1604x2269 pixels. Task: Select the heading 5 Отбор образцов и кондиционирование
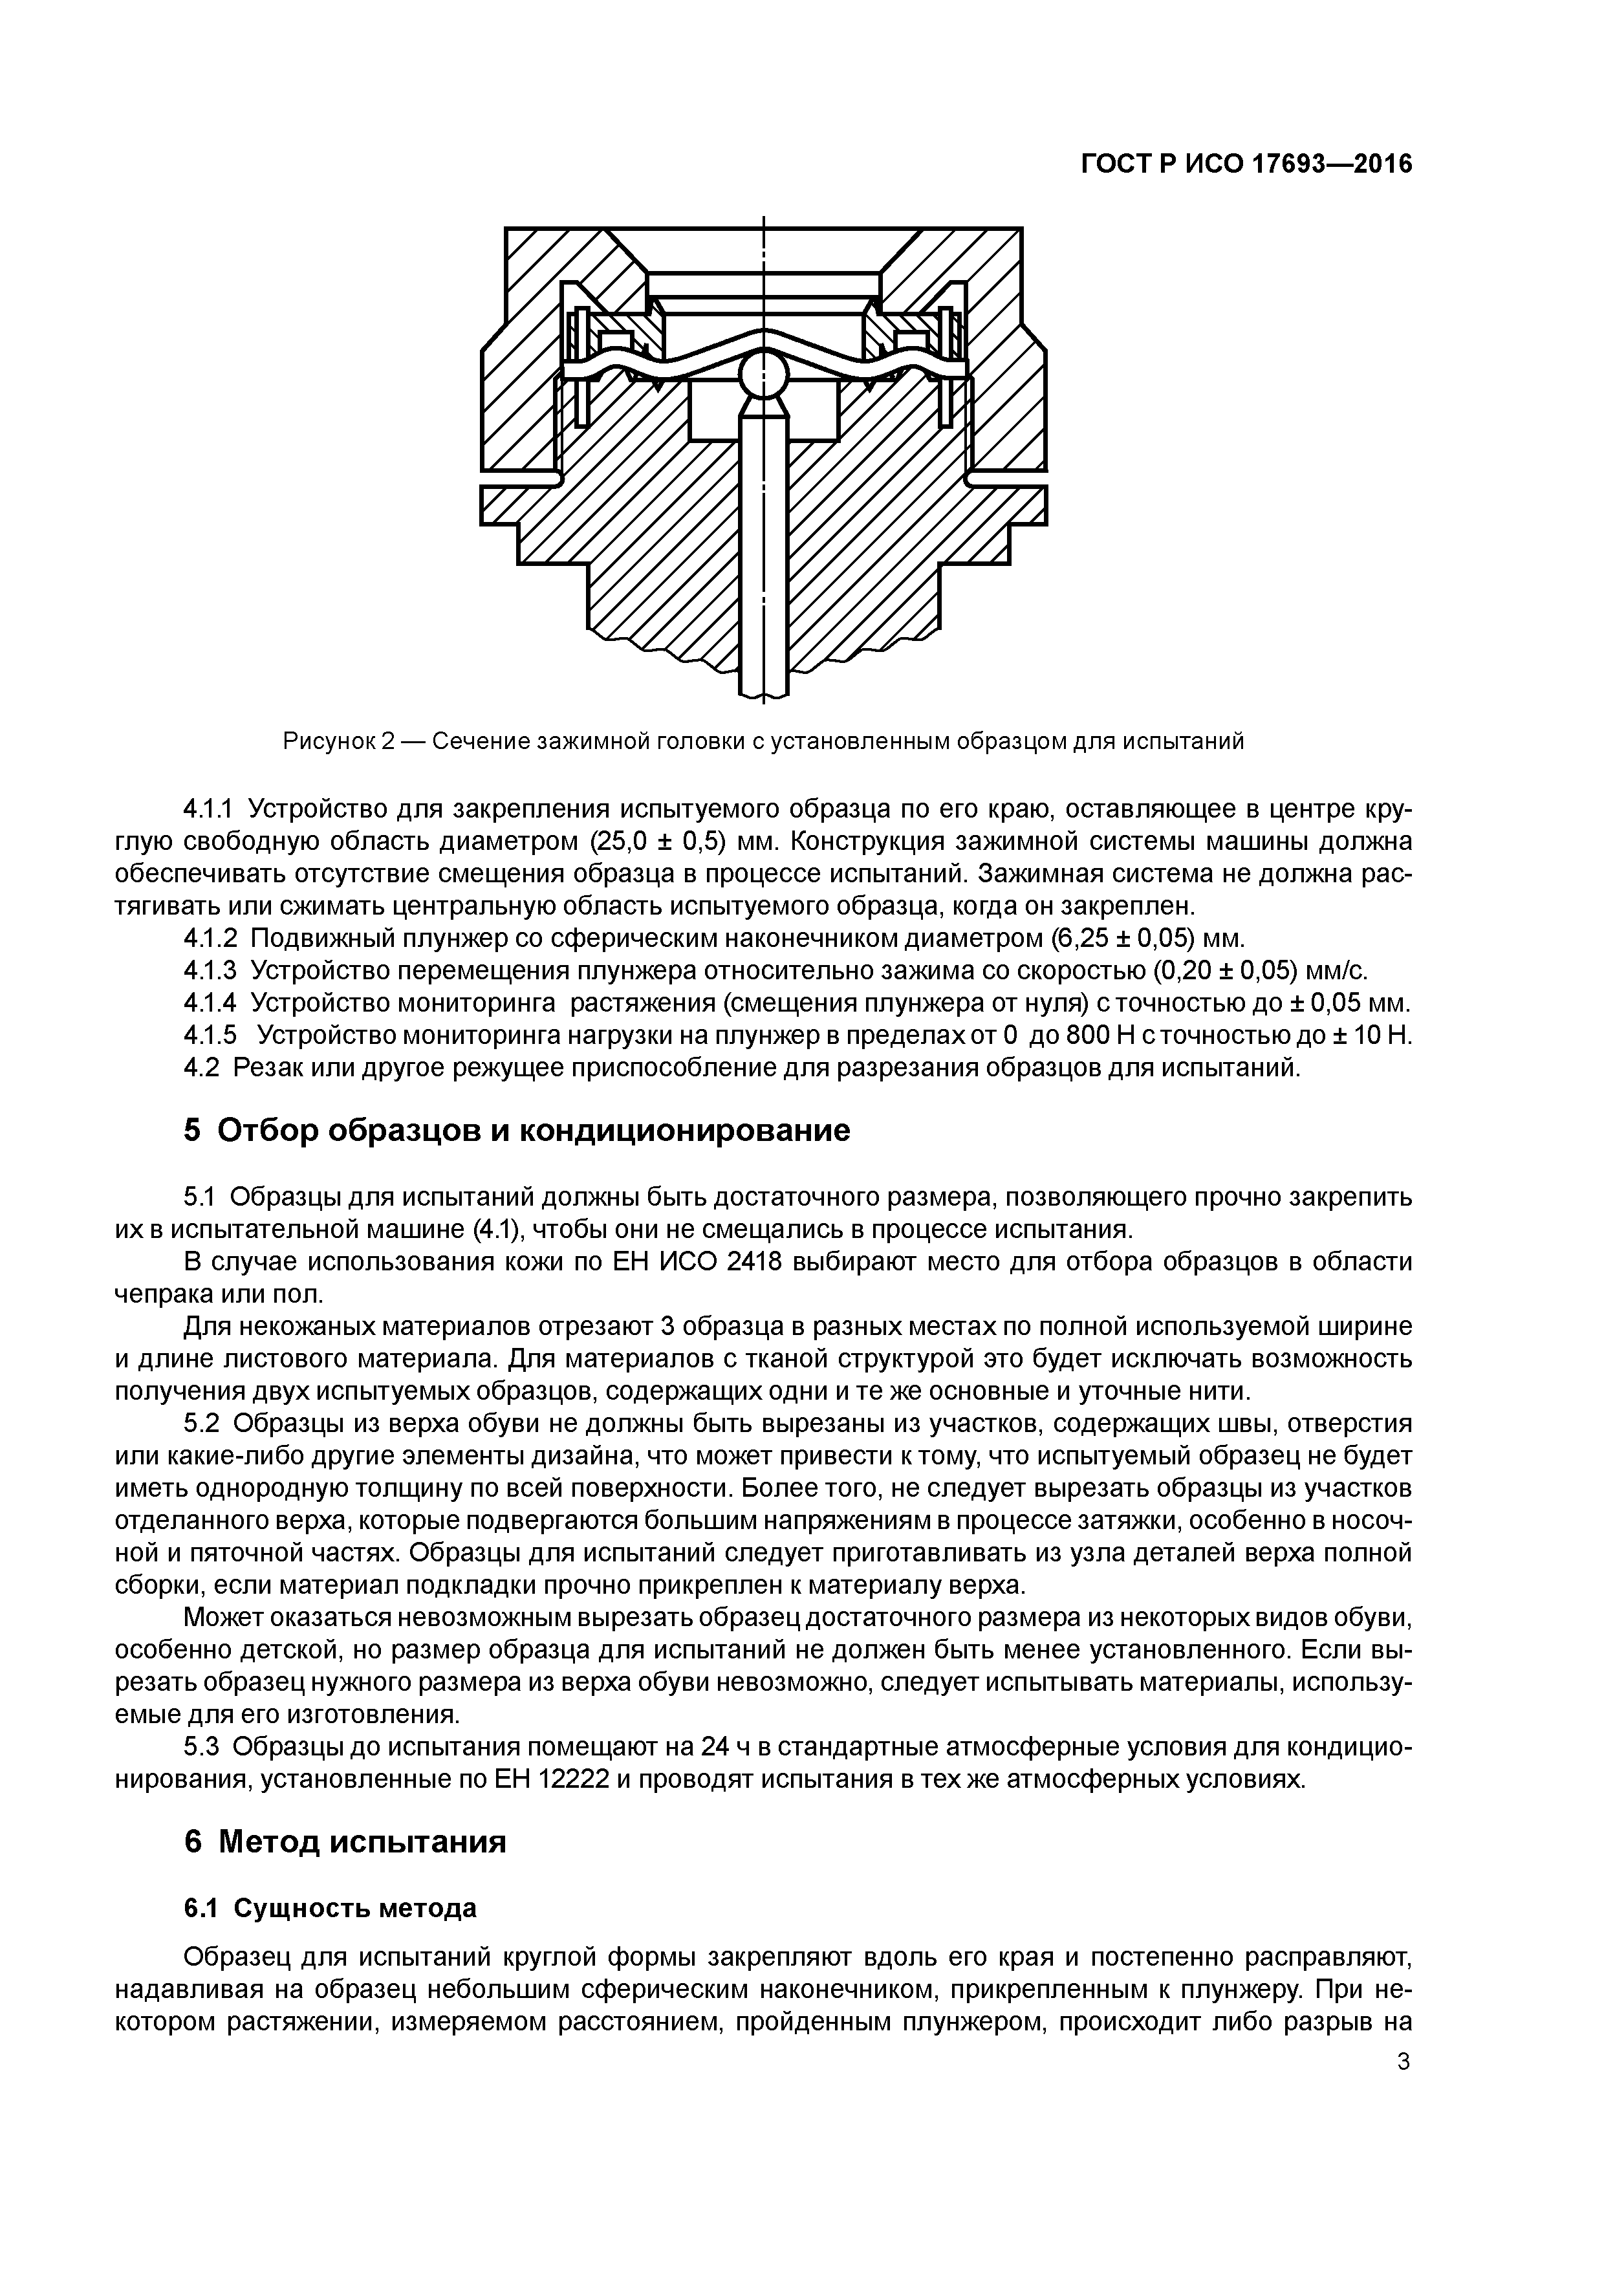pos(517,1129)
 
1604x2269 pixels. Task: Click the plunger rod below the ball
pos(763,554)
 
